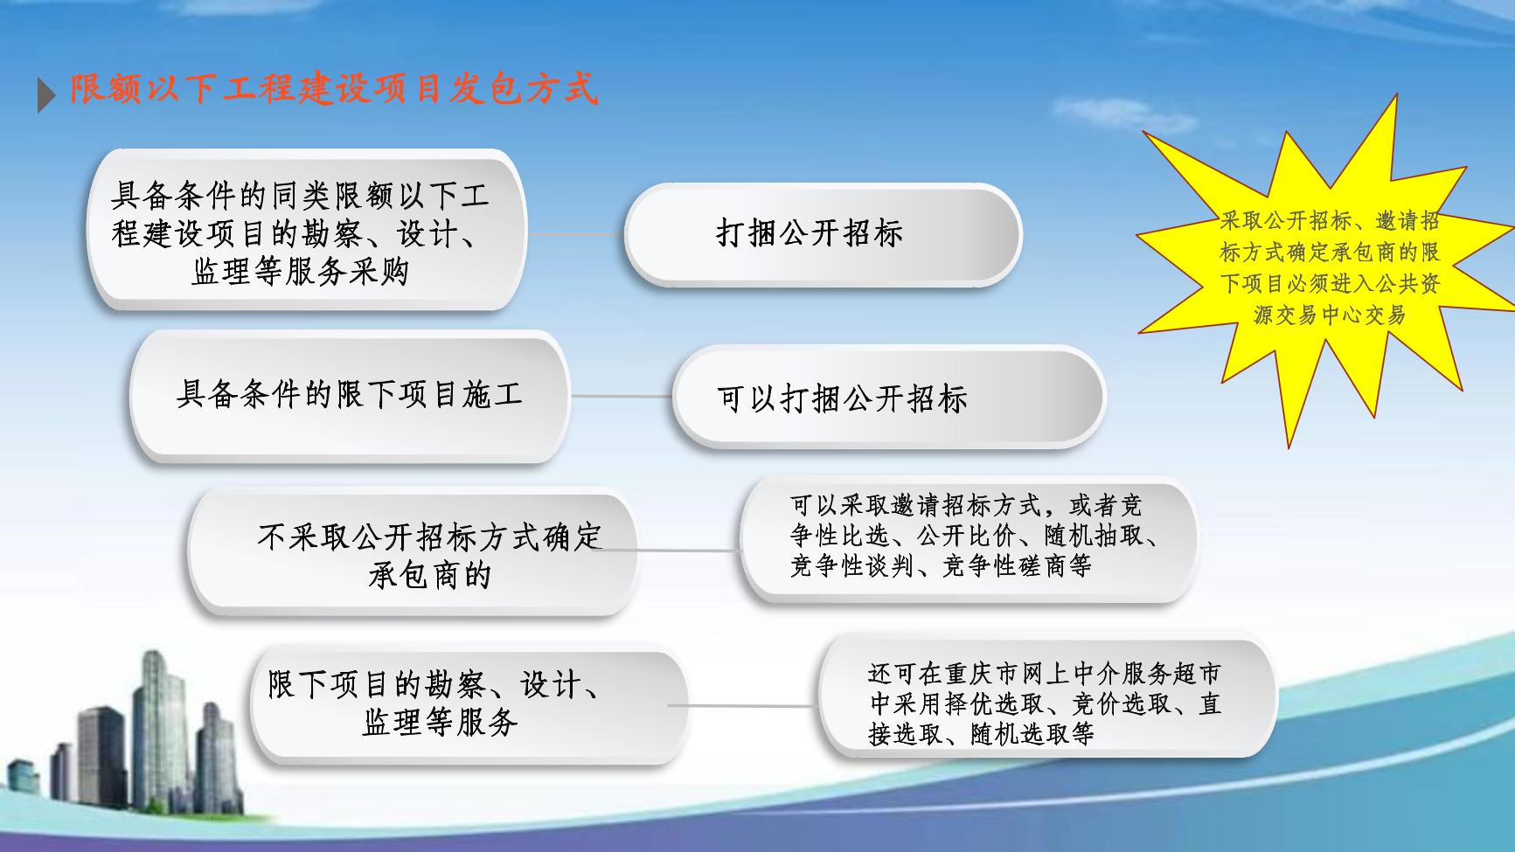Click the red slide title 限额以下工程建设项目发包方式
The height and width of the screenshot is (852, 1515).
coord(334,88)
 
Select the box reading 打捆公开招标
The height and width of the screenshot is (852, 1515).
coord(823,234)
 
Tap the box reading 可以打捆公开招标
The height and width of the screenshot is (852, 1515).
coord(888,398)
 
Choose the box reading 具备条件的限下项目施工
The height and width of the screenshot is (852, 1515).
coord(350,396)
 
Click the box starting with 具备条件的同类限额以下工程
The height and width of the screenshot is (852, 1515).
coord(307,231)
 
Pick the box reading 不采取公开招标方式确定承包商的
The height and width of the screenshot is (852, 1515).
coord(413,552)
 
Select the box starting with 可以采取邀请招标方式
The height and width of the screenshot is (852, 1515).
coord(969,538)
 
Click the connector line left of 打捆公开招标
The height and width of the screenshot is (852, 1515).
coord(575,234)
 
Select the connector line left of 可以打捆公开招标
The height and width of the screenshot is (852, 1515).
coord(621,396)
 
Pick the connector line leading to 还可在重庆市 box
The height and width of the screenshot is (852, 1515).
coord(743,705)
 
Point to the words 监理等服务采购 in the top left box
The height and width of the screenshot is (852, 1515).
coord(301,272)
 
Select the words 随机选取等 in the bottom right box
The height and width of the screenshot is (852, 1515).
coord(1032,733)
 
